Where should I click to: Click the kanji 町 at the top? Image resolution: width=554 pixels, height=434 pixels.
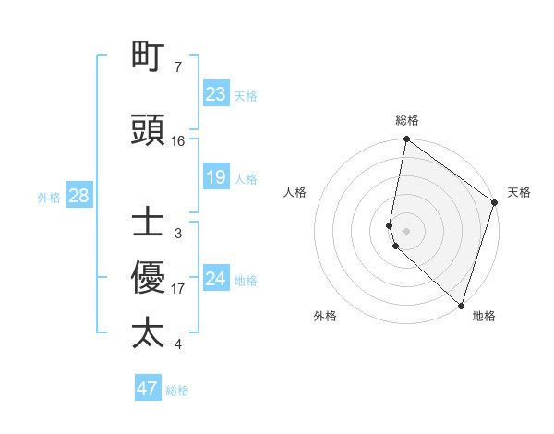[148, 58]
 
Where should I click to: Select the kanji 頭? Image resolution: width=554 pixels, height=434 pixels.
[148, 131]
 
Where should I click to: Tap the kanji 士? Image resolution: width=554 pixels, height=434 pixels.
[148, 223]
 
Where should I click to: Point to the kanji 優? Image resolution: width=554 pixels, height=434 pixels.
[148, 278]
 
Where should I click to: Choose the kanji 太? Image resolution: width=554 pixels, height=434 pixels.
[148, 332]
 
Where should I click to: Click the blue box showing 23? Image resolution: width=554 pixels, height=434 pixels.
[215, 94]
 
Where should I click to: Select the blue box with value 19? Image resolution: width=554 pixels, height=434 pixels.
[215, 177]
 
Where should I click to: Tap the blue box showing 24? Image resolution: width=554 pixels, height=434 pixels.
[215, 279]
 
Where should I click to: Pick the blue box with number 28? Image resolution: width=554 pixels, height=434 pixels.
[78, 196]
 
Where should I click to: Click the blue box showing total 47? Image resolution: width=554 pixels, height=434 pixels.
[148, 389]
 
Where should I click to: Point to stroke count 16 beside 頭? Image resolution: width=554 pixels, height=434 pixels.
[178, 141]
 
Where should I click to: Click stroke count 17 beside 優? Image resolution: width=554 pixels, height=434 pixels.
[178, 289]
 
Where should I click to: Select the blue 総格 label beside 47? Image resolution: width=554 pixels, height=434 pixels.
[177, 391]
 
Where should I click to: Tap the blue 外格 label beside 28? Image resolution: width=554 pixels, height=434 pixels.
[49, 197]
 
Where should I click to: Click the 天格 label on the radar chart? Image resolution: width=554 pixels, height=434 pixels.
[519, 192]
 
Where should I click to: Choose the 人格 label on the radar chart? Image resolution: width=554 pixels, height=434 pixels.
[295, 192]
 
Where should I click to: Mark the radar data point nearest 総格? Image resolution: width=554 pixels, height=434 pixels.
[406, 140]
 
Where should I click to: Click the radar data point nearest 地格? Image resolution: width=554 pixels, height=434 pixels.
[460, 305]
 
